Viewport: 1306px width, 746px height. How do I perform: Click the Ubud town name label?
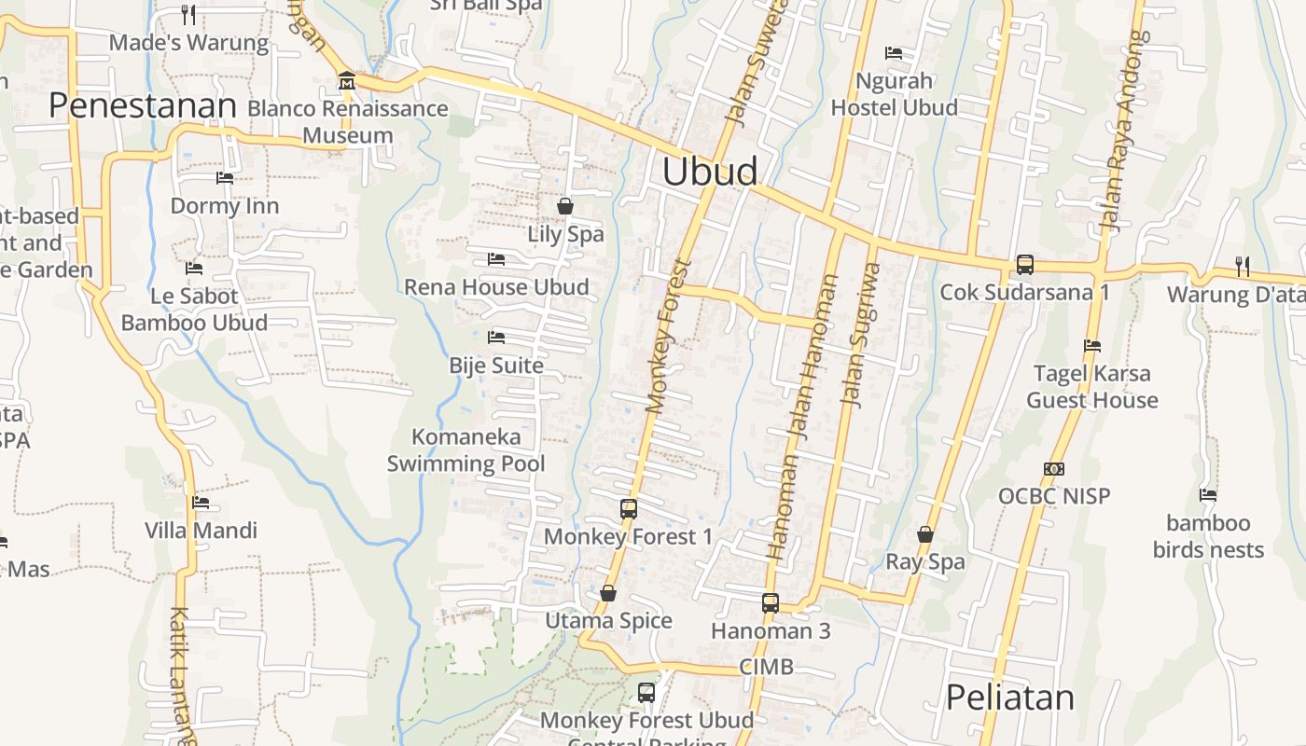tap(710, 173)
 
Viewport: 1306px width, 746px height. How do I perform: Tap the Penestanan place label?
tap(143, 106)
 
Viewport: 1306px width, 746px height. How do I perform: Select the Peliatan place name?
tap(1010, 698)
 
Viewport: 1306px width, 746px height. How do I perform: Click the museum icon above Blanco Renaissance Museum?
tap(347, 81)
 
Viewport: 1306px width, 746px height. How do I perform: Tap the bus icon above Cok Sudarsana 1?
tap(1025, 265)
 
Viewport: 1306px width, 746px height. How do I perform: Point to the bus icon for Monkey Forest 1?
tap(629, 509)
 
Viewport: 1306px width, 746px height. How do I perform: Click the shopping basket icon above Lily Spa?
tap(565, 206)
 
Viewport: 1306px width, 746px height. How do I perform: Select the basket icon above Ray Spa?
tap(925, 534)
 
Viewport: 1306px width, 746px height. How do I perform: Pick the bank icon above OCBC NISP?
tap(1054, 469)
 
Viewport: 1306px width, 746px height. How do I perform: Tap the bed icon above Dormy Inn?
tap(225, 177)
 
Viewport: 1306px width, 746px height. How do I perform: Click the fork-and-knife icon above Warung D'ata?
tap(1243, 267)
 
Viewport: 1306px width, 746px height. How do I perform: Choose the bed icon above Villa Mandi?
tap(201, 503)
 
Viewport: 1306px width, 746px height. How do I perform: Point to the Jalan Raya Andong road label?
tap(1124, 131)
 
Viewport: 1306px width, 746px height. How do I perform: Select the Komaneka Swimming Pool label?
tap(466, 449)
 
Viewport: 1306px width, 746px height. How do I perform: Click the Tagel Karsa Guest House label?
tap(1092, 387)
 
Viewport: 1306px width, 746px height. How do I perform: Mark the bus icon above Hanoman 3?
tap(771, 603)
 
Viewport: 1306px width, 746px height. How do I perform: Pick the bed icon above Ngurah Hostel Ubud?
tap(894, 53)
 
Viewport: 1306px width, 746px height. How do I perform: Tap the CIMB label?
tap(766, 667)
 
